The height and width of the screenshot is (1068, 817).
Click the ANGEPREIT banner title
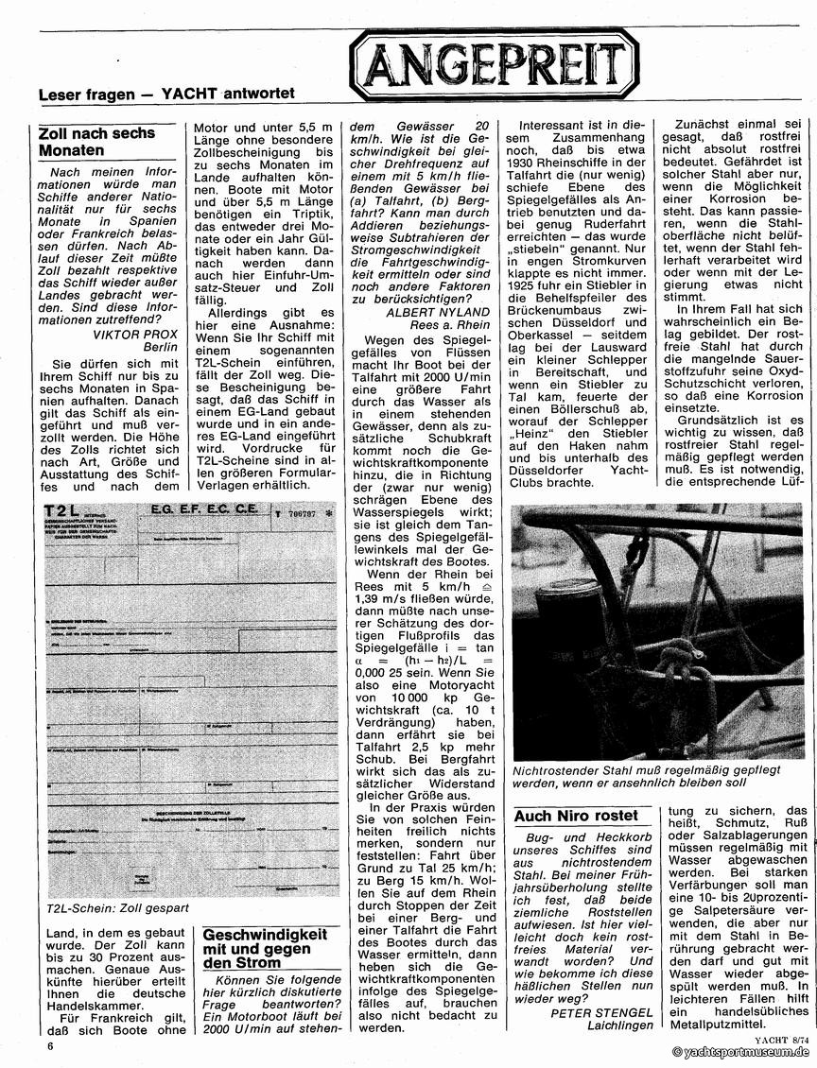[495, 63]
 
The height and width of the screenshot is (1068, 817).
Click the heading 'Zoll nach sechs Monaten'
[96, 141]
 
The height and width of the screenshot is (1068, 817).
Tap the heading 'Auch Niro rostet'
[576, 816]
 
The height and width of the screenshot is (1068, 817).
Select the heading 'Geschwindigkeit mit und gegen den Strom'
[267, 948]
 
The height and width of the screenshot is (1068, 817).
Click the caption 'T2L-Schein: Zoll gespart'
[116, 908]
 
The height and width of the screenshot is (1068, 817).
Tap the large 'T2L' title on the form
[64, 512]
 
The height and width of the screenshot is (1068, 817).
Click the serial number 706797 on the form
[302, 515]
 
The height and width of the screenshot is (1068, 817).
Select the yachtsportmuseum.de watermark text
[741, 1052]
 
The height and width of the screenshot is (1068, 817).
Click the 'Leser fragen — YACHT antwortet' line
[166, 94]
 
